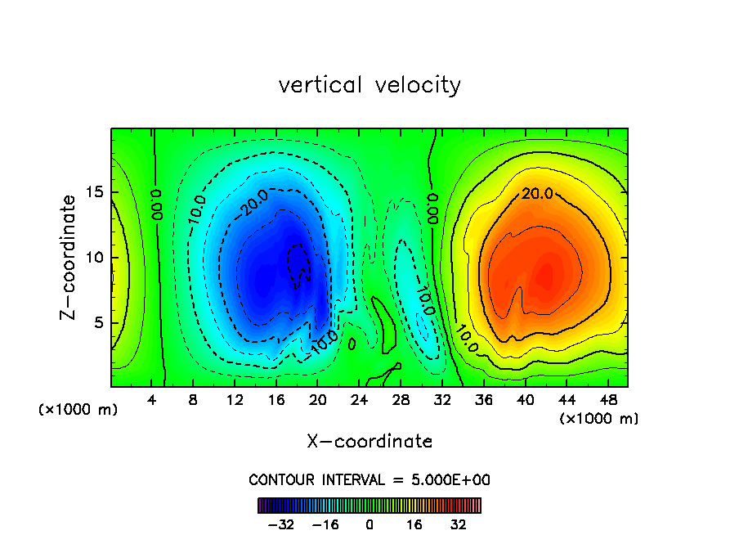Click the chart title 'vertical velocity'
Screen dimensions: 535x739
tap(369, 85)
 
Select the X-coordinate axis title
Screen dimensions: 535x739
tap(369, 442)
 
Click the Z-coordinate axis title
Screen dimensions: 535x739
tap(69, 257)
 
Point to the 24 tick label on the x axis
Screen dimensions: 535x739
tap(358, 400)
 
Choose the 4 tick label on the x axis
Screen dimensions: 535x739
tap(152, 400)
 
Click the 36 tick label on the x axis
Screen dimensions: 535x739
tap(482, 400)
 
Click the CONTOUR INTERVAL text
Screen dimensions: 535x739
tap(369, 480)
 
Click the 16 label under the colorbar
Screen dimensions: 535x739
tap(415, 524)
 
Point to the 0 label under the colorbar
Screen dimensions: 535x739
tap(369, 524)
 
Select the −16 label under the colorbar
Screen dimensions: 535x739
tap(325, 524)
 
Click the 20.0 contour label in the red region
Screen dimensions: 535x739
tap(538, 194)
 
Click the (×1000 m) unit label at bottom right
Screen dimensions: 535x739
tap(599, 419)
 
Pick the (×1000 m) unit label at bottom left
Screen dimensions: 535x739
tap(78, 410)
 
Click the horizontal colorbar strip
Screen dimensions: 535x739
tap(369, 506)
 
